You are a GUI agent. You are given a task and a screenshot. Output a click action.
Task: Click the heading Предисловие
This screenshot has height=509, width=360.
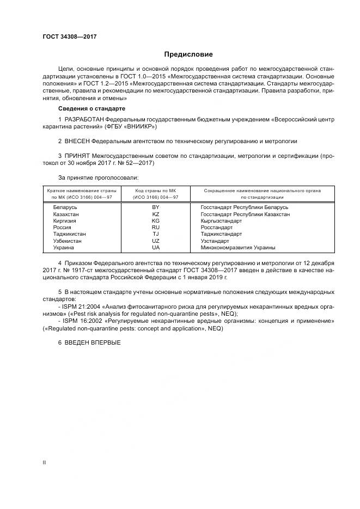tap(189, 54)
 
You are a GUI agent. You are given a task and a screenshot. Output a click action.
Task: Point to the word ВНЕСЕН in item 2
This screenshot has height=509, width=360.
tap(77, 141)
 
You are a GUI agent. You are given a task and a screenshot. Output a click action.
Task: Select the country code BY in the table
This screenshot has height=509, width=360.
tap(155, 207)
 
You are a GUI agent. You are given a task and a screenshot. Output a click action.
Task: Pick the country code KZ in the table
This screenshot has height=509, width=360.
tap(155, 214)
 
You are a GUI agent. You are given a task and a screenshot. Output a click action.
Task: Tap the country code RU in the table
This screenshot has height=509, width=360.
tap(155, 228)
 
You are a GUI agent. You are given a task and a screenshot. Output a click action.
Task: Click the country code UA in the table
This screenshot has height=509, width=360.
tap(155, 248)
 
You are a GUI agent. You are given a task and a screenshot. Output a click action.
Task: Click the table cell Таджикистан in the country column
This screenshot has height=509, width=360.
tap(70, 234)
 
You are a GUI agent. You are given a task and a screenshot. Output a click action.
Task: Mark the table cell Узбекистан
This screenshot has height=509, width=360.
tap(68, 241)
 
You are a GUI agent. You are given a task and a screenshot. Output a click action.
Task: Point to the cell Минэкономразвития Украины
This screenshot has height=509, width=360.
tap(238, 248)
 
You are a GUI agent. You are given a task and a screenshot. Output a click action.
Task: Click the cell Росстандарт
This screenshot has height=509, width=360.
tap(217, 228)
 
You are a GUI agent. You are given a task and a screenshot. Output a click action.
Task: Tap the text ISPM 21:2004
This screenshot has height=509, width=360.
tap(82, 307)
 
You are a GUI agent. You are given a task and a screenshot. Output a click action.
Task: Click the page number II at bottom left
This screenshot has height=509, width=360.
tap(45, 463)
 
